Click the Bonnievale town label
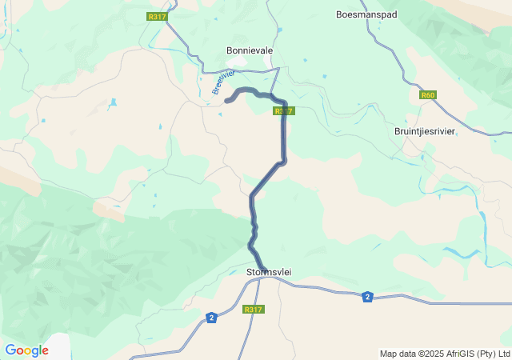pyautogui.click(x=250, y=50)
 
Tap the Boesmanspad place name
pyautogui.click(x=366, y=14)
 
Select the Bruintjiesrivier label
pyautogui.click(x=425, y=130)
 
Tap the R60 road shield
pyautogui.click(x=428, y=95)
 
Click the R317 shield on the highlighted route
pyautogui.click(x=284, y=110)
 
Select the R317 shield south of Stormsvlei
pyautogui.click(x=253, y=309)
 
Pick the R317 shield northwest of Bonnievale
pyautogui.click(x=158, y=16)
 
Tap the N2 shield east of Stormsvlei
pyautogui.click(x=367, y=297)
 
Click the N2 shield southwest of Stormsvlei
pyautogui.click(x=211, y=318)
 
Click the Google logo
pyautogui.click(x=26, y=350)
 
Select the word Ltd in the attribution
pyautogui.click(x=503, y=354)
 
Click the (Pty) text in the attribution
pyautogui.click(x=485, y=354)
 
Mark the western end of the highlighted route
pyautogui.click(x=227, y=101)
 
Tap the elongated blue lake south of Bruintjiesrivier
pyautogui.click(x=459, y=253)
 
